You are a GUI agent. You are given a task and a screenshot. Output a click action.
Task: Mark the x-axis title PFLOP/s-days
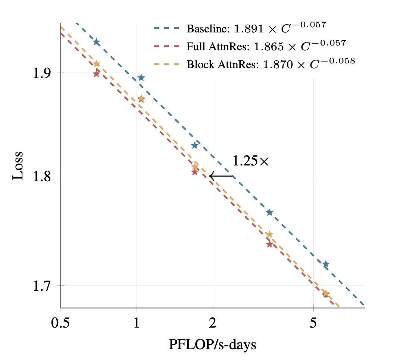click(213, 344)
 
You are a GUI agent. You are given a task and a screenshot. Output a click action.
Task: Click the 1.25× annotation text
click(251, 161)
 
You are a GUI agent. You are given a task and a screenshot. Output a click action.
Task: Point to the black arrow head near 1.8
click(211, 176)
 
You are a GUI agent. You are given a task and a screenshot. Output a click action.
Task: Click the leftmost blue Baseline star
click(97, 42)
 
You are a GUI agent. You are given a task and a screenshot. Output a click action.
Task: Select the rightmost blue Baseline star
click(326, 264)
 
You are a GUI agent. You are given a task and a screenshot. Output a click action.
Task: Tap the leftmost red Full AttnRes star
click(97, 73)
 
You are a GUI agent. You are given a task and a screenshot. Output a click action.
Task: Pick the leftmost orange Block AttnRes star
click(97, 64)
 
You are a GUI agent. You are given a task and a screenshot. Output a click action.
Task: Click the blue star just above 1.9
click(141, 78)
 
